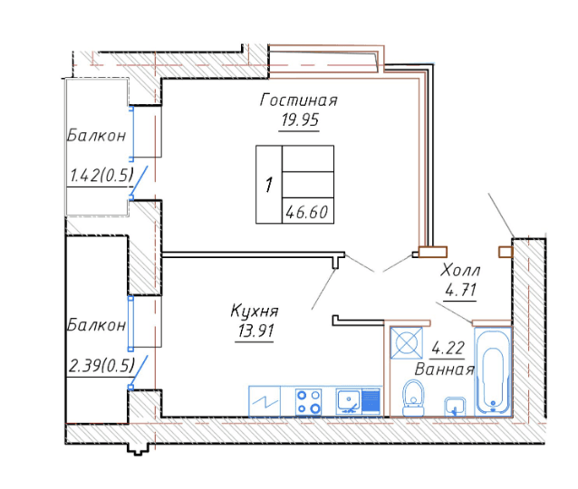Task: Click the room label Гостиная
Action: pos(299,100)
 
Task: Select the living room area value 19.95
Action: pos(300,120)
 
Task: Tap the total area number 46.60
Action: pos(307,212)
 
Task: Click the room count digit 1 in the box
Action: pos(269,185)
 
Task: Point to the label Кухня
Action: pos(255,311)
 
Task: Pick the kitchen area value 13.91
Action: pos(255,331)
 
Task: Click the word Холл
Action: pos(460,270)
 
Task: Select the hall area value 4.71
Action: pos(460,290)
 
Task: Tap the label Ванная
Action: pos(444,369)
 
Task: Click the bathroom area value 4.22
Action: pos(448,348)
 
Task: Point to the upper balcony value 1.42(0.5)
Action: pos(101,175)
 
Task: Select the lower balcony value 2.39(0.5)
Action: pos(101,366)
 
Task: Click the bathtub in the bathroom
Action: pos(493,371)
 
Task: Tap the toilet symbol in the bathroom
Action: pos(413,398)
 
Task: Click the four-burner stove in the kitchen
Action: pos(309,402)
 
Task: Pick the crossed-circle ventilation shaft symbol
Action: pos(407,342)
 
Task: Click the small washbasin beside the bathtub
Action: pos(455,407)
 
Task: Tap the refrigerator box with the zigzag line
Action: pos(265,401)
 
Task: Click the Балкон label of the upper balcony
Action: pos(97,135)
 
